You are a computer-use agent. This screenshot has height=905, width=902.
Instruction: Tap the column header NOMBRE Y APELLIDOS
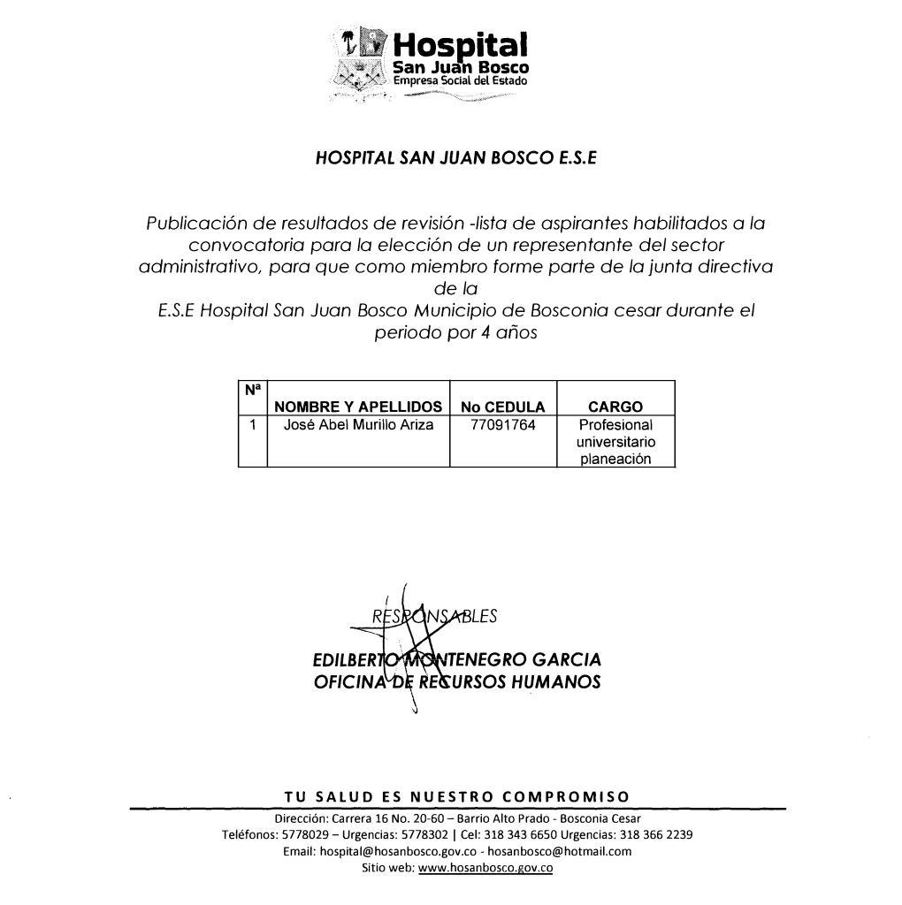[358, 407]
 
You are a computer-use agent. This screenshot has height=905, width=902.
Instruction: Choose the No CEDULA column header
[502, 407]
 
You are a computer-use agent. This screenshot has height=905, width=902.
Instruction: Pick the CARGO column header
[615, 407]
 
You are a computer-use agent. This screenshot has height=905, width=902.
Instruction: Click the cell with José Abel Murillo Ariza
[358, 425]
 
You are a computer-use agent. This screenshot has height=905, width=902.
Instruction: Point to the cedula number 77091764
[502, 425]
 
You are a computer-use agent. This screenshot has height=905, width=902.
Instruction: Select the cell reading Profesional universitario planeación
[615, 442]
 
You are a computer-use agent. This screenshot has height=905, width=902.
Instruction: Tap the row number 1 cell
[252, 425]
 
